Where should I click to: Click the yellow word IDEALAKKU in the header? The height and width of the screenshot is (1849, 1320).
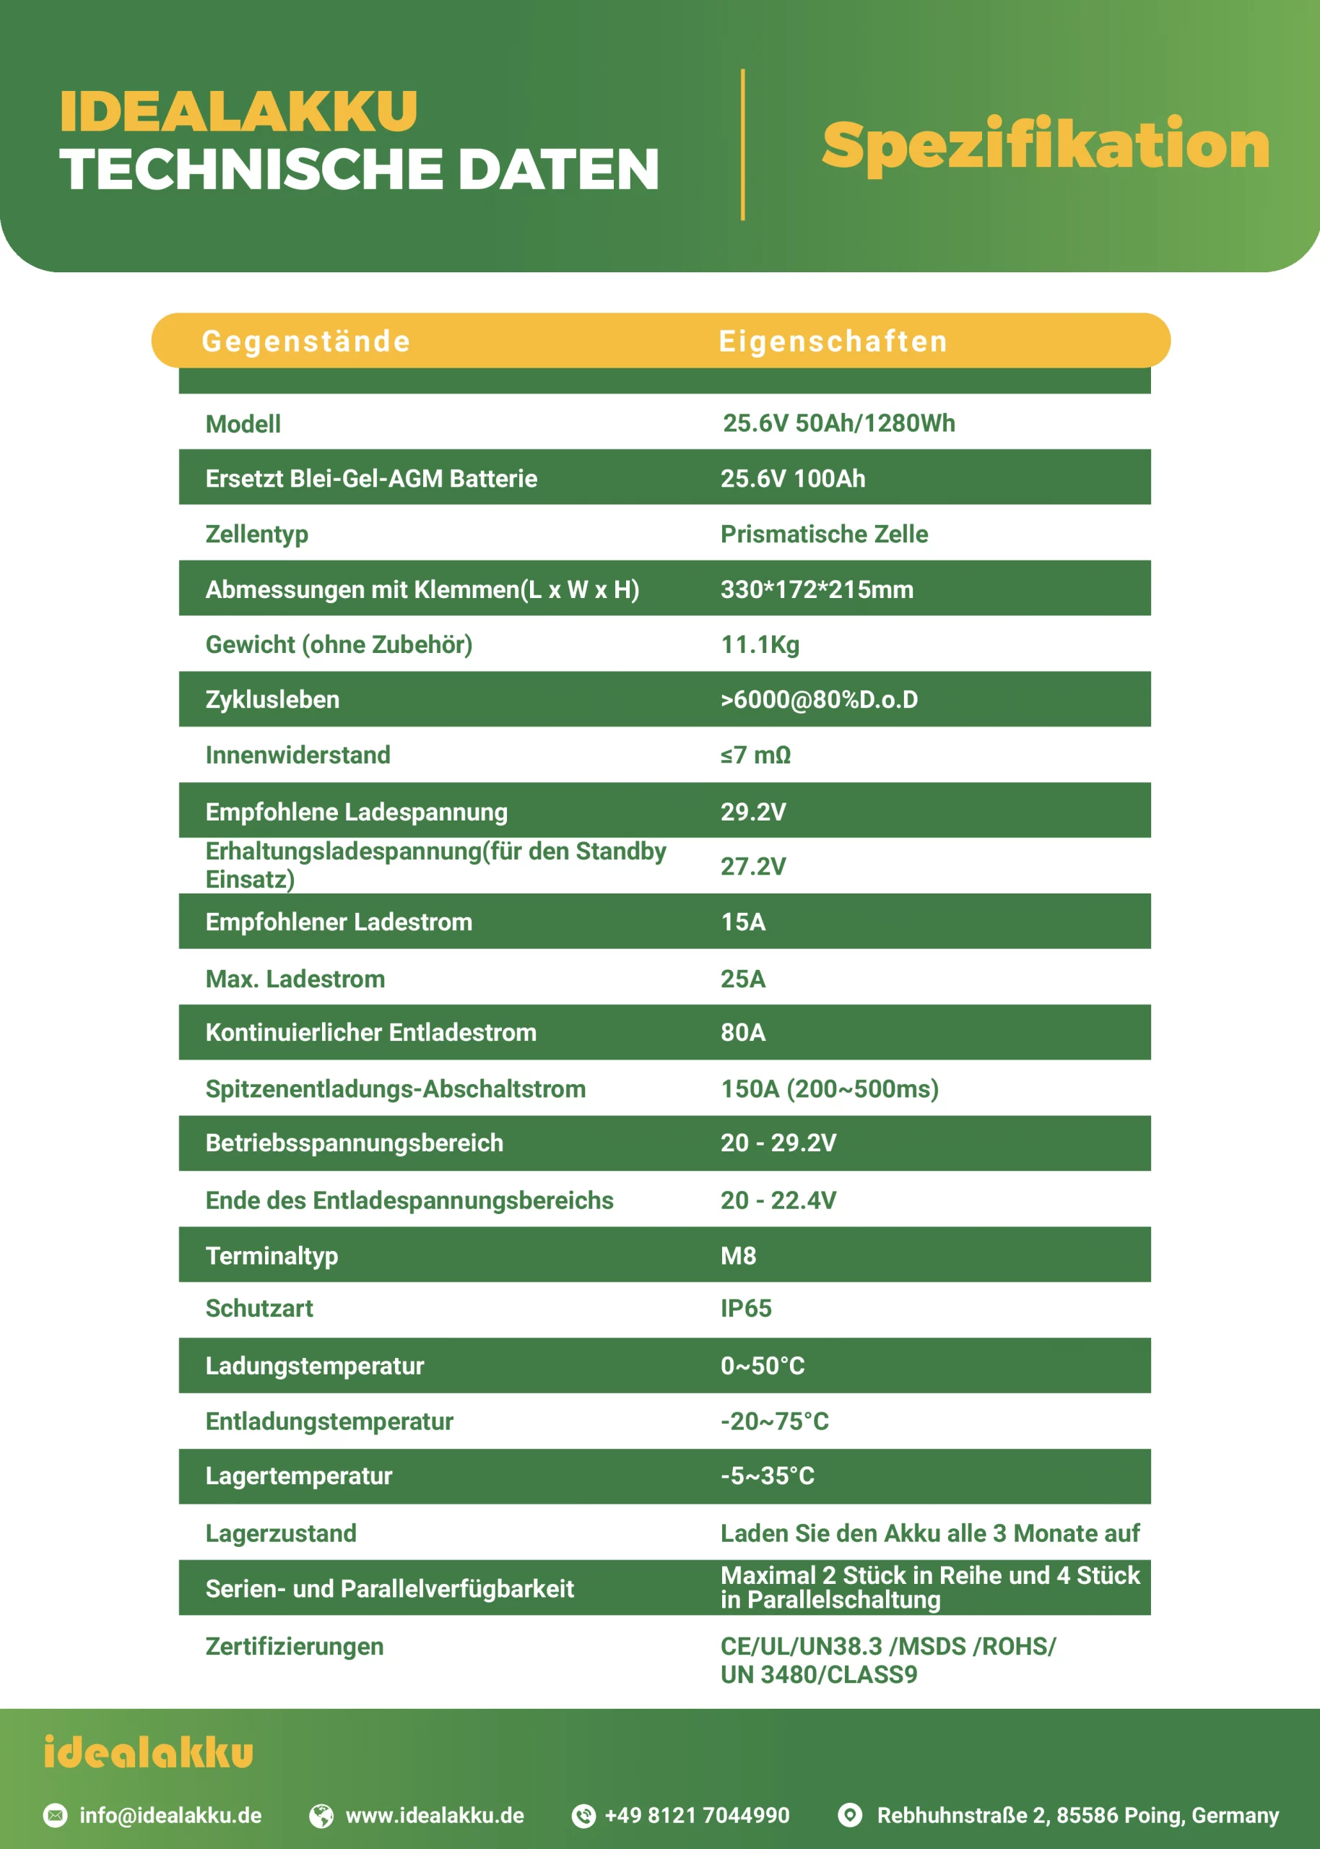point(238,111)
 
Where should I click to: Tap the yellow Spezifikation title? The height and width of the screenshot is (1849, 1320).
point(1046,144)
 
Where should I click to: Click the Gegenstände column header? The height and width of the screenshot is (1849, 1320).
point(305,342)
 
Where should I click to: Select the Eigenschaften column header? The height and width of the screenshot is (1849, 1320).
point(833,342)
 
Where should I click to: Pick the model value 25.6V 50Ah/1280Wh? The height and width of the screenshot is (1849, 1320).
point(839,423)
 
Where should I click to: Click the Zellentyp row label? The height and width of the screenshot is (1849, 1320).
point(257,534)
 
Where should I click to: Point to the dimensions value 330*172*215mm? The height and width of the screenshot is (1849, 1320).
point(817,589)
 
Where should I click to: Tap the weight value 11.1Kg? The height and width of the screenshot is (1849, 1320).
point(760,644)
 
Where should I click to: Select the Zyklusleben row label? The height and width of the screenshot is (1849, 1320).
point(272,700)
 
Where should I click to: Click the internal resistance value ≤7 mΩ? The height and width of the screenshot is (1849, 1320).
point(755,755)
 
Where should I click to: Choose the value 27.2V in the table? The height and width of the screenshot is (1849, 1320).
point(752,867)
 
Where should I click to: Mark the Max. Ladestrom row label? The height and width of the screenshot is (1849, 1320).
point(295,979)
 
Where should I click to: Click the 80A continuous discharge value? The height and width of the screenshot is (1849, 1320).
point(743,1032)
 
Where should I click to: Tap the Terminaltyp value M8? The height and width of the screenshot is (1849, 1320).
point(738,1256)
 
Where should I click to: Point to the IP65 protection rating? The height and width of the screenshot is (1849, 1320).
point(745,1309)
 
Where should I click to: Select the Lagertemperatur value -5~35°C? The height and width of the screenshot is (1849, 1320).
point(768,1476)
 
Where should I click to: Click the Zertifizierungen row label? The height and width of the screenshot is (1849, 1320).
point(294,1647)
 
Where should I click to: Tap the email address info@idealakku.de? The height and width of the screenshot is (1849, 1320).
point(170,1816)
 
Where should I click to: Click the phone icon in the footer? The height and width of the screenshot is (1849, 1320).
point(583,1816)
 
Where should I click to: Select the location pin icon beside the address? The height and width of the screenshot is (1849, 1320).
point(849,1815)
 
